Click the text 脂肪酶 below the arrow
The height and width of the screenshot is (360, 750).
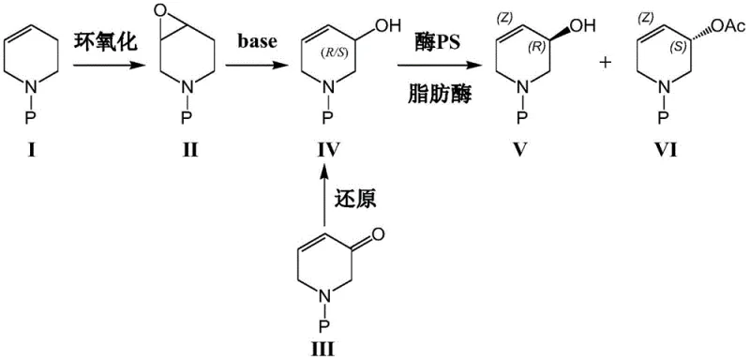click(x=430, y=94)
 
